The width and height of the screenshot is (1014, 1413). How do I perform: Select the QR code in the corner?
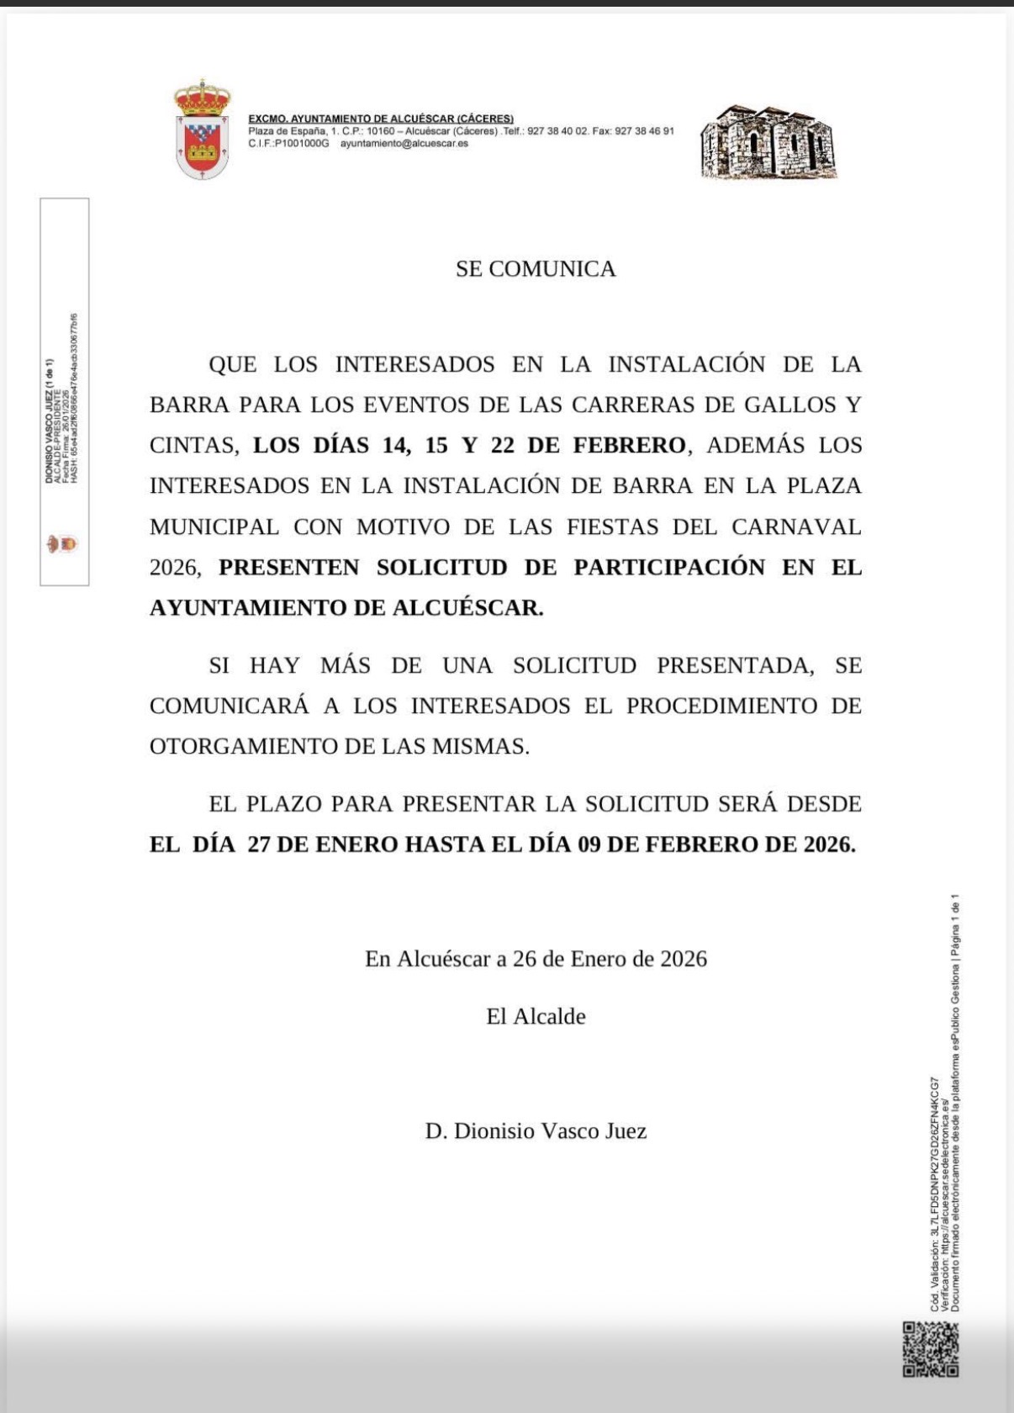coord(931,1349)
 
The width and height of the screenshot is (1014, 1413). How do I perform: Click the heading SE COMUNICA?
coord(536,269)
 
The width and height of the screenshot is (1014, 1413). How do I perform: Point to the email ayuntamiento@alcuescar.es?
coord(404,144)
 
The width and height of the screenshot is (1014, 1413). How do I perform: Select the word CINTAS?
coord(191,446)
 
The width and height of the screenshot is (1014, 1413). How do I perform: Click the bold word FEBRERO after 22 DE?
coord(629,446)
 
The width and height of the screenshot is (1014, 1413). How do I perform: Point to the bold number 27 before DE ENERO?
coord(258,844)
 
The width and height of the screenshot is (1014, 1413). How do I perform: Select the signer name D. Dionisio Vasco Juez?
coord(536,1131)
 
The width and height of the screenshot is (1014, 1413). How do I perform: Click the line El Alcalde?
coord(536,1017)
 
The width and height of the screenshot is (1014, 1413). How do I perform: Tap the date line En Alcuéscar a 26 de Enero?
coord(536,960)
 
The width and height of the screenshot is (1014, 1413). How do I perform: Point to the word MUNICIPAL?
coord(214,527)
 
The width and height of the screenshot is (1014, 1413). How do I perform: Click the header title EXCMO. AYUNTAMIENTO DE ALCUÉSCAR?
coord(381,119)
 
